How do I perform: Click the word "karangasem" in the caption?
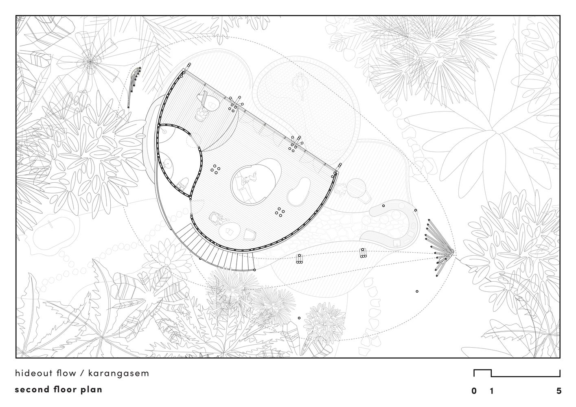pyautogui.click(x=118, y=373)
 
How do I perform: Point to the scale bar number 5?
pyautogui.click(x=559, y=391)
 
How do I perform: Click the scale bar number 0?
pyautogui.click(x=474, y=391)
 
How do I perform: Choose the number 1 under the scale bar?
pyautogui.click(x=492, y=391)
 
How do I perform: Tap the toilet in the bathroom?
pyautogui.click(x=183, y=184)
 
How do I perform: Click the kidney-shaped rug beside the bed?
pyautogui.click(x=299, y=192)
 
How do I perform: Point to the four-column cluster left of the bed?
pyautogui.click(x=215, y=169)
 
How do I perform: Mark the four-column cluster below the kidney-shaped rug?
pyautogui.click(x=280, y=212)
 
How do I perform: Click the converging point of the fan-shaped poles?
pyautogui.click(x=453, y=252)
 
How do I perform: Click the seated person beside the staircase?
pyautogui.click(x=216, y=219)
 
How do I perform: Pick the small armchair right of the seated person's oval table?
pyautogui.click(x=250, y=234)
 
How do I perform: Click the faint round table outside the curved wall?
pyautogui.click(x=357, y=188)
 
